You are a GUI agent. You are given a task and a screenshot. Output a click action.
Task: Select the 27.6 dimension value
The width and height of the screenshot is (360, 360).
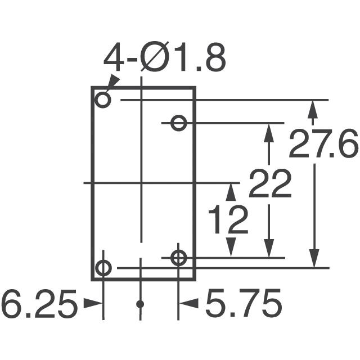(323, 145)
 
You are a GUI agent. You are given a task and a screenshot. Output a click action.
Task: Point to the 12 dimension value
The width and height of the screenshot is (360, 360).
(228, 220)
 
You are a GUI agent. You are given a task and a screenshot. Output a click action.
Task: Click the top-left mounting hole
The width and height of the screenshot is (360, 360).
(103, 100)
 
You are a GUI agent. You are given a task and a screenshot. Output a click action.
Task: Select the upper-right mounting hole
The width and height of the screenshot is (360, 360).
(179, 123)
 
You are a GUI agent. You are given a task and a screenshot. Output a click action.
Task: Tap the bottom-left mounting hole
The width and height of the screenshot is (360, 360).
(103, 268)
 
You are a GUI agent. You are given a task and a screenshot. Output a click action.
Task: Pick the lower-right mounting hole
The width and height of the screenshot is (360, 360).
(179, 258)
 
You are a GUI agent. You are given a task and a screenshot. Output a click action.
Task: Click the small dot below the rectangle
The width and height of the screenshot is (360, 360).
(140, 304)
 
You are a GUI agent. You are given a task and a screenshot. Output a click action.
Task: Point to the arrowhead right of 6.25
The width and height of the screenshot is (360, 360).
(94, 304)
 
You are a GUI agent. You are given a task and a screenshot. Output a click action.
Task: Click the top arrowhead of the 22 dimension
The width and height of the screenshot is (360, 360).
(269, 132)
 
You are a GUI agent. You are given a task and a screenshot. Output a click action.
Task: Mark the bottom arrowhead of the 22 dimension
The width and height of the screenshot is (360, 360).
(269, 249)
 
